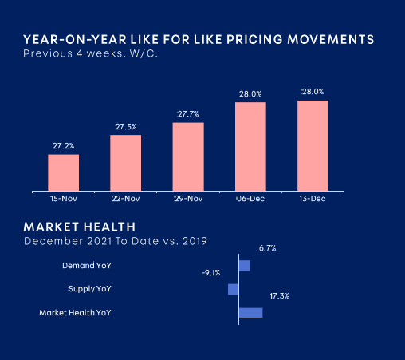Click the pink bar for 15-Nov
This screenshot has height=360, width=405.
pos(64,172)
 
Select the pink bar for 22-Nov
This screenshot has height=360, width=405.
pos(126,163)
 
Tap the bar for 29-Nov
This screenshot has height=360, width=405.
pos(188,156)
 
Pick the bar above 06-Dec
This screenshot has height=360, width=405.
pos(250,146)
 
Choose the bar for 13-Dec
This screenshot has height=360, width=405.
pos(313,145)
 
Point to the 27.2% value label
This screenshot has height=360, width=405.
pos(64,146)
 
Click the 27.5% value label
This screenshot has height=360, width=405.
pos(126,127)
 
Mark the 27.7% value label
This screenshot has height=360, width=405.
pos(188,114)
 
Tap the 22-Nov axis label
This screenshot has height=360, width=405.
pos(126,199)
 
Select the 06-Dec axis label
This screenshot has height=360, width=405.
pos(250,199)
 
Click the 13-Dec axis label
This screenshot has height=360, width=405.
pos(313,199)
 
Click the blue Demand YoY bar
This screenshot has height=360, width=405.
pos(245,266)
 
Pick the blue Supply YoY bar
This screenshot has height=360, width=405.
pos(234,289)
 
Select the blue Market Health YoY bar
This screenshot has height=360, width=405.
pos(251,313)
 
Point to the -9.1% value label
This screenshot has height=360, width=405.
pos(211,273)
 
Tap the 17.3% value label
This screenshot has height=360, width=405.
pos(280,296)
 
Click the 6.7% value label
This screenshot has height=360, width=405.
pos(268,248)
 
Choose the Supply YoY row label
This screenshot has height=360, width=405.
pos(89,289)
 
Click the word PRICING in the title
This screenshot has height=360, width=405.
pos(254,39)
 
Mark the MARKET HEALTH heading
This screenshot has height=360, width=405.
pos(80,227)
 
